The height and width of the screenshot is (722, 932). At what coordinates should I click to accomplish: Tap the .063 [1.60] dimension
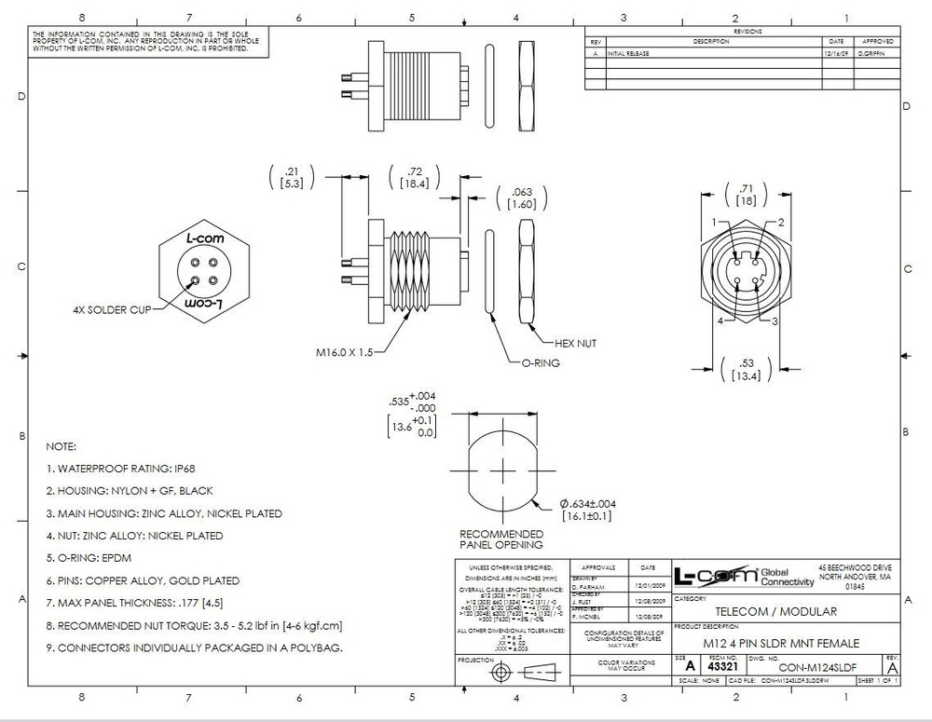pos(523,198)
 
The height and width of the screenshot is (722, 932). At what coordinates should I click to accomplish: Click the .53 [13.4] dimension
pos(745,370)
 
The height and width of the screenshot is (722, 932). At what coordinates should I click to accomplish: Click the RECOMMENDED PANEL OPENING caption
pos(501,539)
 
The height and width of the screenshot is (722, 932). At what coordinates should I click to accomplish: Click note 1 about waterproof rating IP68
pos(119,469)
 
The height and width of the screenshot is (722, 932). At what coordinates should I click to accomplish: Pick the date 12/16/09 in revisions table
pos(834,54)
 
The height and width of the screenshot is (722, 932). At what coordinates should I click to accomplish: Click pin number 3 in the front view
pos(775,321)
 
